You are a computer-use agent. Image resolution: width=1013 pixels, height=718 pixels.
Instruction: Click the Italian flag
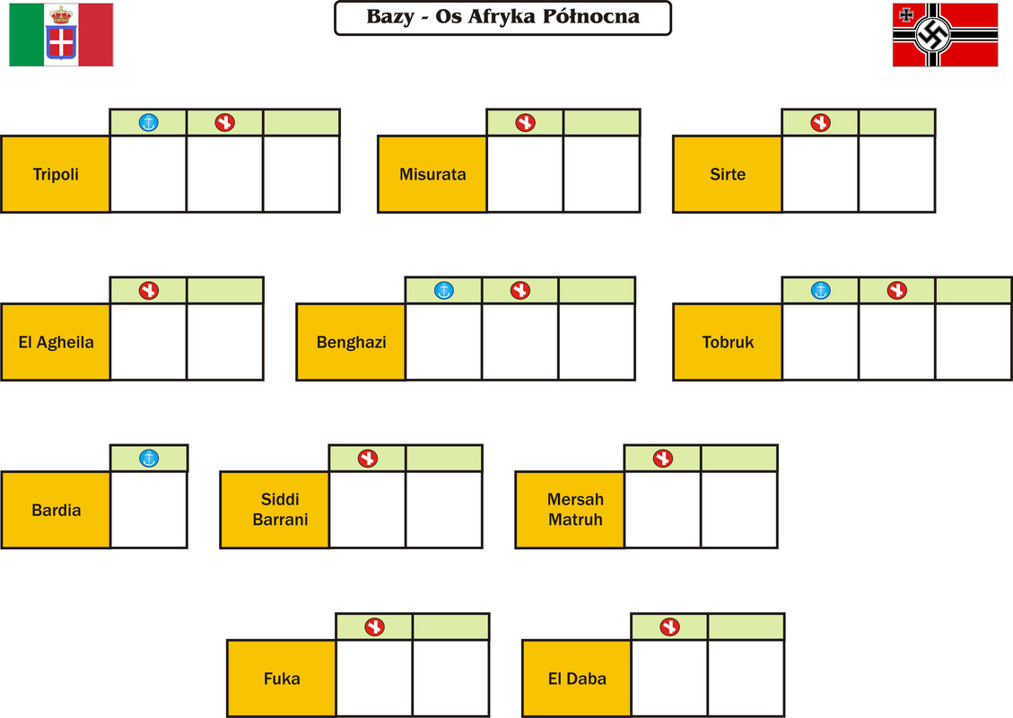[61, 35]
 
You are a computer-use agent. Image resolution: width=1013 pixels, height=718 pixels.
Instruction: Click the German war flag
[945, 35]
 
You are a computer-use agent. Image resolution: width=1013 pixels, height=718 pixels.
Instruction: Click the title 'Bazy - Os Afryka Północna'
[502, 17]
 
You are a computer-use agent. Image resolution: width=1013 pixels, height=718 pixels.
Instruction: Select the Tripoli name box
[56, 174]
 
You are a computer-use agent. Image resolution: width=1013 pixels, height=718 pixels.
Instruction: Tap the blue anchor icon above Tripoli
[149, 122]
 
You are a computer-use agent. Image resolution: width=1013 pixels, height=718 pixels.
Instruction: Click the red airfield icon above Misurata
[525, 122]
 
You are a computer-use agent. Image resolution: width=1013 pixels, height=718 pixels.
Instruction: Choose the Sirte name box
[728, 174]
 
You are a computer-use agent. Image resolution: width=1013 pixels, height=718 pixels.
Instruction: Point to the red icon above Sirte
[820, 122]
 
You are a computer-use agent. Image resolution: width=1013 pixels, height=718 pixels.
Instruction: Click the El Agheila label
[56, 342]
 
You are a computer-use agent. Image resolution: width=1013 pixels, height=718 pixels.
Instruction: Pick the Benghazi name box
[351, 342]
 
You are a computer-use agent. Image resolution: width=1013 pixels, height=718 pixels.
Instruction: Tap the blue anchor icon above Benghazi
[444, 290]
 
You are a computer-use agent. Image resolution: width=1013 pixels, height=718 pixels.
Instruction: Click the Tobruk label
[728, 342]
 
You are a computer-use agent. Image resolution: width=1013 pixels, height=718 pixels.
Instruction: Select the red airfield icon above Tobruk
[896, 290]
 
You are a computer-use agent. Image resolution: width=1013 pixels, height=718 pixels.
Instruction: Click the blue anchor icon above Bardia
[149, 459]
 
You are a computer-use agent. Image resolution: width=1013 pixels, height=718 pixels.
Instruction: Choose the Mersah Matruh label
[575, 509]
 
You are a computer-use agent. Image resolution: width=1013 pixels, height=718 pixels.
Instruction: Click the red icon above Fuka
[375, 626]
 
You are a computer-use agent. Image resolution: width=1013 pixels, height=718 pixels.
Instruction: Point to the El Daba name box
[577, 679]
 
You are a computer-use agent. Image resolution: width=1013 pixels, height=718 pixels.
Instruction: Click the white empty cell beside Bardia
[149, 510]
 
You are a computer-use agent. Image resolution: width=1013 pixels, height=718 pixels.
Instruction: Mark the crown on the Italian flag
[61, 15]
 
